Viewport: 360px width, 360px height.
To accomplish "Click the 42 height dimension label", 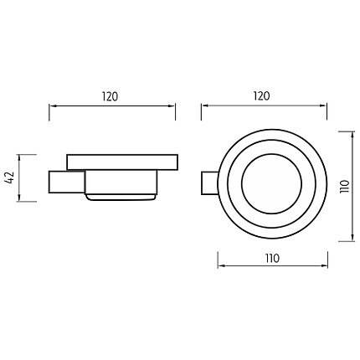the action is pos(10,177).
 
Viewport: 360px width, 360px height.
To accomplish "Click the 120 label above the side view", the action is pos(110,96).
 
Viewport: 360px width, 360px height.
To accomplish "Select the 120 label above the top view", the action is pos(262,96).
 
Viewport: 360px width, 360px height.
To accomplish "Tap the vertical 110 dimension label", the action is pos(345,186).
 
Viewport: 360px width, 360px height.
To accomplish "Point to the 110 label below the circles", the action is pos(272,259).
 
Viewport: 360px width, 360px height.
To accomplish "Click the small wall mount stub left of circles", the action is pos(209,183).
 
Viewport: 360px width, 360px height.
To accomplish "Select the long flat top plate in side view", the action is pos(122,162).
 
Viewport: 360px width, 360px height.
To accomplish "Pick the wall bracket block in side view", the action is pos(67,182).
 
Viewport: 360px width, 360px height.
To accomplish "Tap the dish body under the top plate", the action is pos(121,183).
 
